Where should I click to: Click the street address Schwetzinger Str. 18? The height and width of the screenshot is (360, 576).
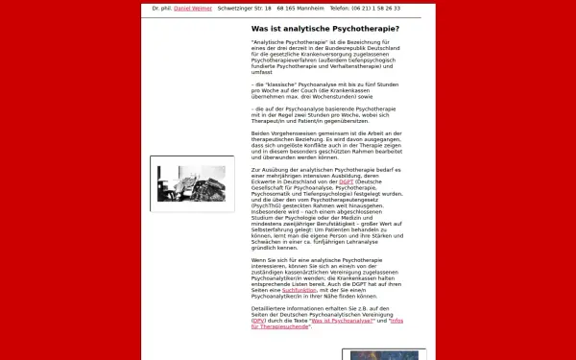[x=244, y=8]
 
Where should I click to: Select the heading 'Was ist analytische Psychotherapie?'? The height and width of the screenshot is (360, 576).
[x=324, y=29]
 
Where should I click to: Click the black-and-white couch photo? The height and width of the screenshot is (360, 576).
[x=192, y=184]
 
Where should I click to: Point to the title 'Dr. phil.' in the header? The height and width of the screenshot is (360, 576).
[x=163, y=8]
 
